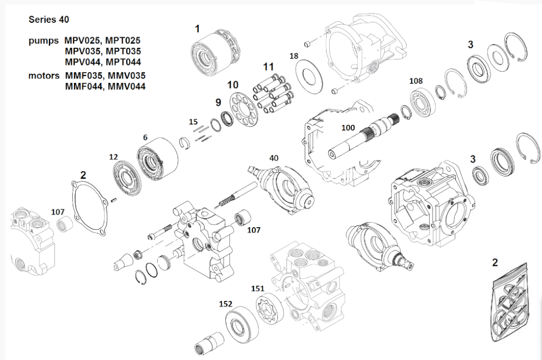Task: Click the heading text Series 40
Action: pos(48,20)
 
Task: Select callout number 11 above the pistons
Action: pos(267,67)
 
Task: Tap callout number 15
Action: pos(193,122)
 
